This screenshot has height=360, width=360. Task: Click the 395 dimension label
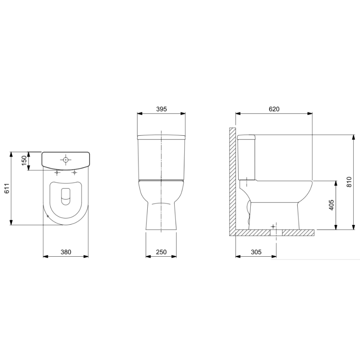click(161, 109)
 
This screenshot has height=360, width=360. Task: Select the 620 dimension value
click(274, 109)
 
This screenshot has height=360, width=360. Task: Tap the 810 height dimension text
click(349, 182)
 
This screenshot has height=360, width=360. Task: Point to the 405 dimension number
click(331, 205)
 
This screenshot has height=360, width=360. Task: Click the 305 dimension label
click(256, 252)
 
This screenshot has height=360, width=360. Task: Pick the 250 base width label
click(161, 252)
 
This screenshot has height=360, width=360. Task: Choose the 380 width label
click(66, 252)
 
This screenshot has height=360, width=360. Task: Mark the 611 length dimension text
click(7, 188)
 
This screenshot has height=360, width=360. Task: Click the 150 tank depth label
click(24, 161)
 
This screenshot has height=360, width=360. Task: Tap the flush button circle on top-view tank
click(66, 160)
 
